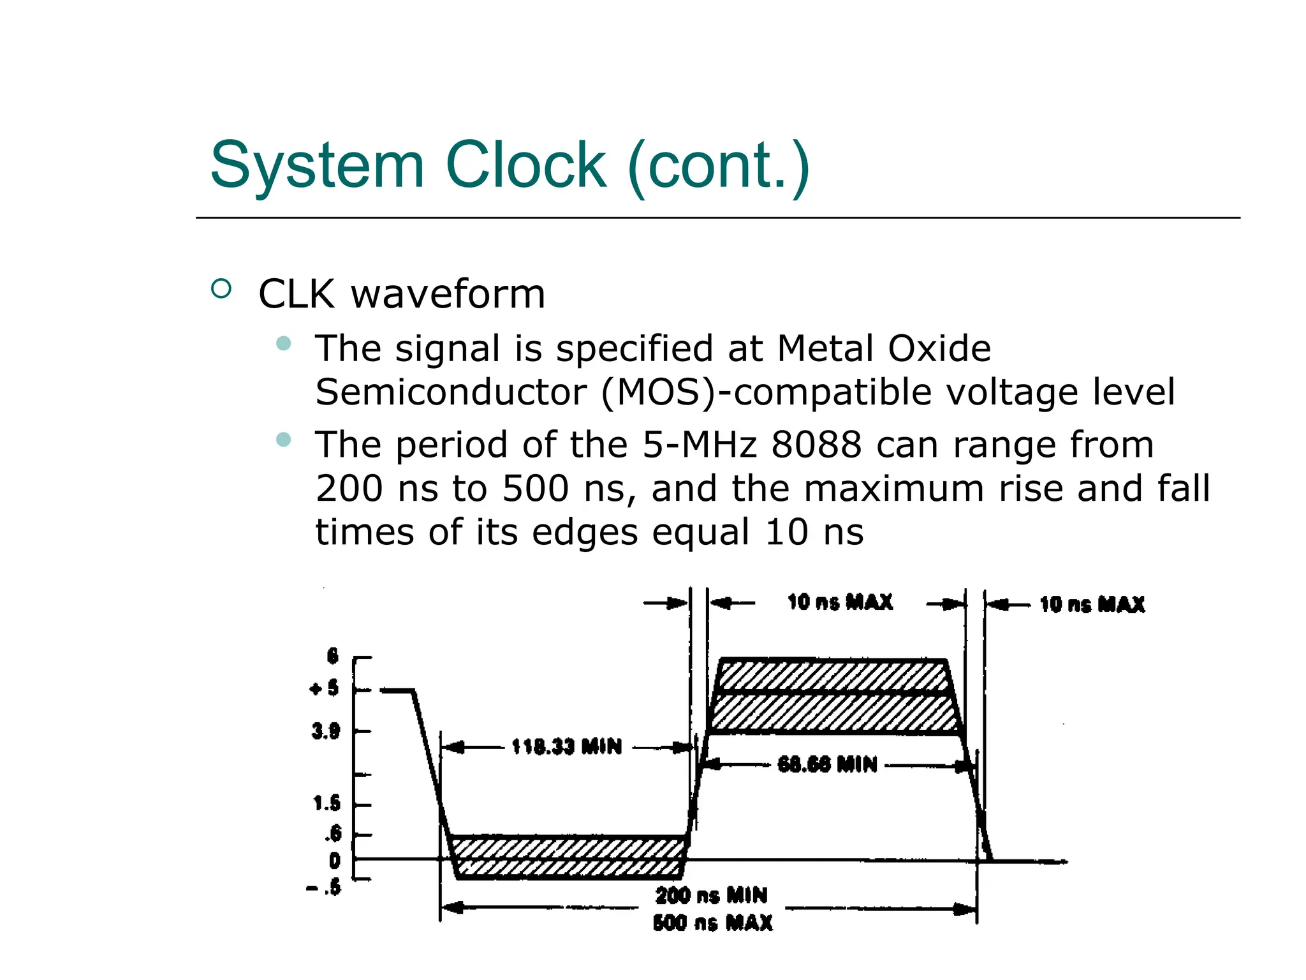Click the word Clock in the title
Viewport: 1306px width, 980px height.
525,165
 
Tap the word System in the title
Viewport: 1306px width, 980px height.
317,166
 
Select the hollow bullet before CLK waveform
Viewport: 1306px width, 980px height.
221,289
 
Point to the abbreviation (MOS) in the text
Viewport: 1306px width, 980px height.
659,392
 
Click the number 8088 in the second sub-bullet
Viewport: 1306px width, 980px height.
816,445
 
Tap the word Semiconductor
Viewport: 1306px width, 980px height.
450,392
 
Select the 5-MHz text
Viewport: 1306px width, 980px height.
699,445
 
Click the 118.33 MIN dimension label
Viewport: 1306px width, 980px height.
566,746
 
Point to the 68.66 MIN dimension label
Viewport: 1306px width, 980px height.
827,764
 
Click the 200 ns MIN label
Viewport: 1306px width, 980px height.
711,896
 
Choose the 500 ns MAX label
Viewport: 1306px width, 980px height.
712,923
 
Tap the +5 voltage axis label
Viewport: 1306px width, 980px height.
325,689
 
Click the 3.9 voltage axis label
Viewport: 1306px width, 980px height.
326,731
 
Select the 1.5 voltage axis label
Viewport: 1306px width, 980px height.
326,804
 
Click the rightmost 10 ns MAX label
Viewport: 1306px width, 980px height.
1092,604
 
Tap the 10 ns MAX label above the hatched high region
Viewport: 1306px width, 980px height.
840,602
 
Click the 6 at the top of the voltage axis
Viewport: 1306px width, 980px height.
332,656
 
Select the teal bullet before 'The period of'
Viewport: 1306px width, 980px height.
284,440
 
